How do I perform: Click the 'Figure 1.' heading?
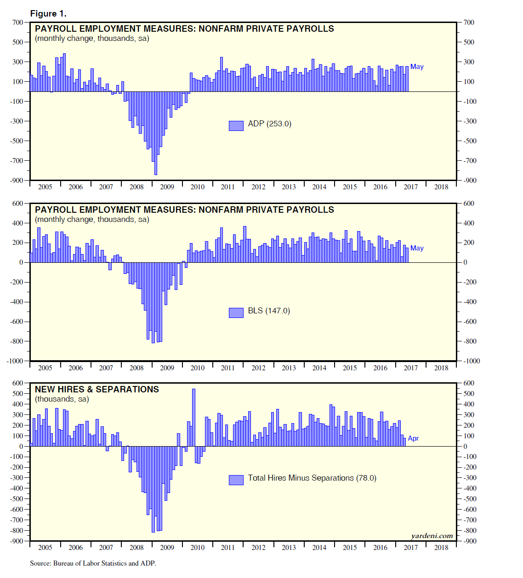(x=48, y=14)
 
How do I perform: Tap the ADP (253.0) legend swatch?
(x=236, y=126)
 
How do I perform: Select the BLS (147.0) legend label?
(x=269, y=311)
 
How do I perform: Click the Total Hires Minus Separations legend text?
(x=312, y=478)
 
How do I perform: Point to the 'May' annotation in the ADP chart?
(x=417, y=67)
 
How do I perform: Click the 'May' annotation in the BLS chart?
(x=417, y=249)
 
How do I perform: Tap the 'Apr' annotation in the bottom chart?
(x=413, y=439)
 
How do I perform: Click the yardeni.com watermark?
(x=432, y=536)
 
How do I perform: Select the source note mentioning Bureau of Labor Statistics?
(x=93, y=563)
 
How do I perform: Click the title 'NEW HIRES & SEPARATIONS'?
(x=97, y=390)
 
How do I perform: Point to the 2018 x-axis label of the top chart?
(x=441, y=187)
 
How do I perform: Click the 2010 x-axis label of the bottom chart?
(x=198, y=548)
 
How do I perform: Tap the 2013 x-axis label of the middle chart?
(x=289, y=368)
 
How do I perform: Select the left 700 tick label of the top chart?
(x=18, y=23)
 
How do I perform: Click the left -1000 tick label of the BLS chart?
(x=15, y=361)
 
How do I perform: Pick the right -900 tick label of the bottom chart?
(x=470, y=541)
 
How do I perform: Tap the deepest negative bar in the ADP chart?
(x=155, y=133)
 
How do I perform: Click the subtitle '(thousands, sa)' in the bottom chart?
(x=62, y=399)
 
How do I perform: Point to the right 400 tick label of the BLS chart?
(x=469, y=223)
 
